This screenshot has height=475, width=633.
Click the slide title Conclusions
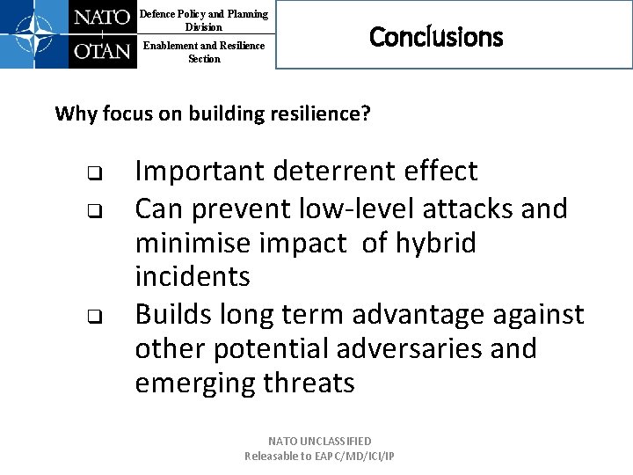[436, 37]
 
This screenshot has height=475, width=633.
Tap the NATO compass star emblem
[33, 34]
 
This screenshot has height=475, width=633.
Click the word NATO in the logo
[102, 18]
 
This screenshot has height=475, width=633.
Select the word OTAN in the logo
[102, 51]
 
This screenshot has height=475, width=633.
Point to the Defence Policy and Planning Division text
[204, 20]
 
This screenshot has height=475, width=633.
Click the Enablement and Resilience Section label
[204, 52]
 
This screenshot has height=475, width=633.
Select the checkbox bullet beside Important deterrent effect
[91, 172]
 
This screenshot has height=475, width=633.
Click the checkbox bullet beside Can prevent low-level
[91, 210]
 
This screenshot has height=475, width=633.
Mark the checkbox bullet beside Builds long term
[91, 316]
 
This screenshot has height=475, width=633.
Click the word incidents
[192, 277]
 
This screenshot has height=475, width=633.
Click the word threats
[308, 384]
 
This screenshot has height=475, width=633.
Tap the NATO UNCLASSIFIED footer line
[320, 441]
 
